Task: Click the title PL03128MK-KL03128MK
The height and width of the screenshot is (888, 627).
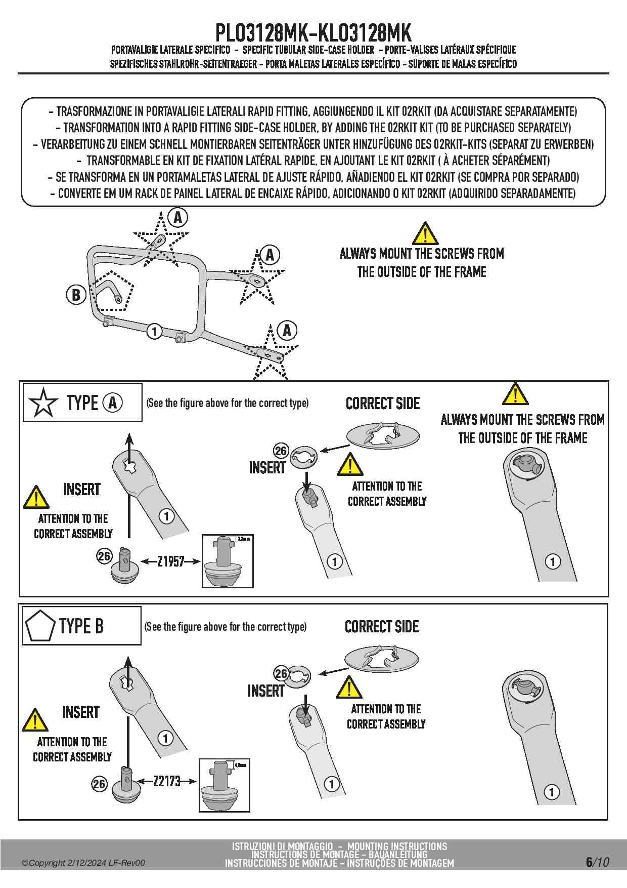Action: (313, 33)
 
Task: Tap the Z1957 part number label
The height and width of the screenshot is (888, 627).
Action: (170, 561)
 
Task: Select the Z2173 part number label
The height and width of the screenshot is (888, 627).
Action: (167, 781)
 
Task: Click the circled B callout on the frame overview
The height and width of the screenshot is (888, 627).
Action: (76, 294)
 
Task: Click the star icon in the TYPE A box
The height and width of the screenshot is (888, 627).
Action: (43, 403)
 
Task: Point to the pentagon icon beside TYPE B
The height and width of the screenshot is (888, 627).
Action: (40, 626)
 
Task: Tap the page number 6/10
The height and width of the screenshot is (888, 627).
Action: (597, 862)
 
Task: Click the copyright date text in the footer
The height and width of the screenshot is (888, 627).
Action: (83, 863)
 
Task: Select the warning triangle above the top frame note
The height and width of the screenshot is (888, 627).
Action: (425, 233)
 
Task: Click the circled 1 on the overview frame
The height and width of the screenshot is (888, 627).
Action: (154, 332)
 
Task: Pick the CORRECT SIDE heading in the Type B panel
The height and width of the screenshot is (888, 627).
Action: (382, 627)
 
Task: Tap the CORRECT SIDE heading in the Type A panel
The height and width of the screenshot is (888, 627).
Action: (383, 403)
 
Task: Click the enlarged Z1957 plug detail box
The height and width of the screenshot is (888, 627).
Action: (228, 561)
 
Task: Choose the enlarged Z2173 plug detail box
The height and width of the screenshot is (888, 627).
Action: (225, 785)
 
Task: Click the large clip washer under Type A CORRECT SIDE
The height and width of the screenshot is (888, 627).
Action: (383, 435)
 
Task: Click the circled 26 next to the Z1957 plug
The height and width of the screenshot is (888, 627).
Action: (104, 556)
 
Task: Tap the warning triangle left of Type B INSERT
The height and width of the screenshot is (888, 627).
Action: (35, 720)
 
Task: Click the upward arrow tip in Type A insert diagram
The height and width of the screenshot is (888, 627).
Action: (129, 436)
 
